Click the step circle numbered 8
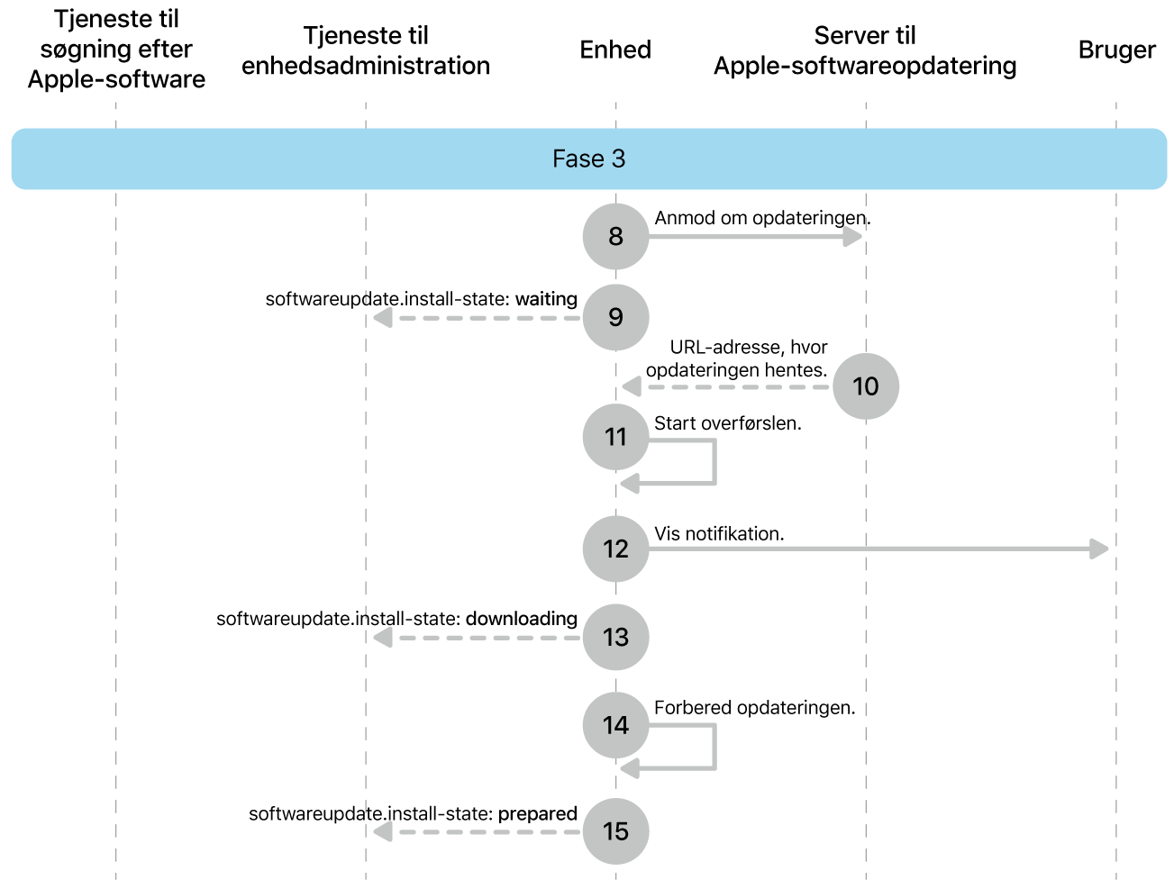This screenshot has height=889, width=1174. click(x=615, y=236)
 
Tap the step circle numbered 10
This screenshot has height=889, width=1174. click(x=865, y=386)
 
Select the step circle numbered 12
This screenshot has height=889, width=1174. click(x=615, y=549)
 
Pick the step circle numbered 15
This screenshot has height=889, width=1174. click(x=615, y=830)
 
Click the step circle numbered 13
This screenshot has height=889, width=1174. click(x=615, y=637)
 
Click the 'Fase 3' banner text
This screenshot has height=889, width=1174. click(x=588, y=159)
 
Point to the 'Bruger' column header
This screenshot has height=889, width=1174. click(x=1116, y=50)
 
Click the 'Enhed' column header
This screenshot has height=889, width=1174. click(x=615, y=50)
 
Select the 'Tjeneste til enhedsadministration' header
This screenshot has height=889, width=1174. click(x=366, y=50)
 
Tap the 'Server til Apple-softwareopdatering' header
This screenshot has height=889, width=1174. click(x=865, y=50)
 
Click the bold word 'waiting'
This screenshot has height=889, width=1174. click(x=546, y=299)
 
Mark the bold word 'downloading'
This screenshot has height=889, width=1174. click(x=521, y=619)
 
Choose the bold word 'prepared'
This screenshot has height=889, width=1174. click(x=537, y=813)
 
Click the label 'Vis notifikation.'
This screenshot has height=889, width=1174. click(x=719, y=533)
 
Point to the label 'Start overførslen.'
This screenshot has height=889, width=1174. click(x=727, y=423)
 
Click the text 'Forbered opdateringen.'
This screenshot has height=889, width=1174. click(x=754, y=707)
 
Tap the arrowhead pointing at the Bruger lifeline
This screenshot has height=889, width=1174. click(x=1099, y=549)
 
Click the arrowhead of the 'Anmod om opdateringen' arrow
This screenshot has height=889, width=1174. click(x=852, y=237)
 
